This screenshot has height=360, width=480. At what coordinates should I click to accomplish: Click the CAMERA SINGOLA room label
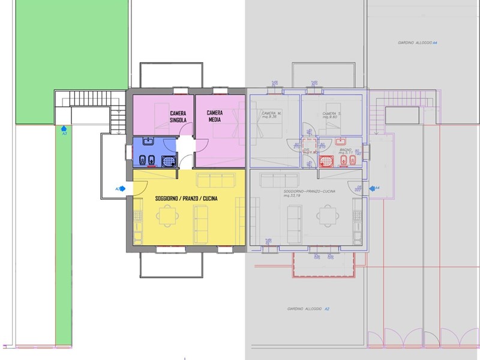tap(178, 116)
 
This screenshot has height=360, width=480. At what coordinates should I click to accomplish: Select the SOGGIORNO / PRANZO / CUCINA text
tap(186, 199)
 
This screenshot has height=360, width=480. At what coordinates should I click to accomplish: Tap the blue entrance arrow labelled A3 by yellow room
tap(121, 188)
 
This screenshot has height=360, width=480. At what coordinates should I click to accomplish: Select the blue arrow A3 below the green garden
tap(64, 128)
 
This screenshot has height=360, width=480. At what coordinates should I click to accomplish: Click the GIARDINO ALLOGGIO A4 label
tap(418, 43)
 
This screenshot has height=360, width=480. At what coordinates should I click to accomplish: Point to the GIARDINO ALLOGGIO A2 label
tap(308, 309)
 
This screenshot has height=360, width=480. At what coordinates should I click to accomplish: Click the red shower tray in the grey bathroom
tap(325, 161)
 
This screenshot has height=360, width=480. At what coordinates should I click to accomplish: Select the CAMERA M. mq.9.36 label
tap(271, 115)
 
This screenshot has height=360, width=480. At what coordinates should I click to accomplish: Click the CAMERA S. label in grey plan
tap(331, 115)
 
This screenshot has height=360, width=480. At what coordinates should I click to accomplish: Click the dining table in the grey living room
tap(327, 214)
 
